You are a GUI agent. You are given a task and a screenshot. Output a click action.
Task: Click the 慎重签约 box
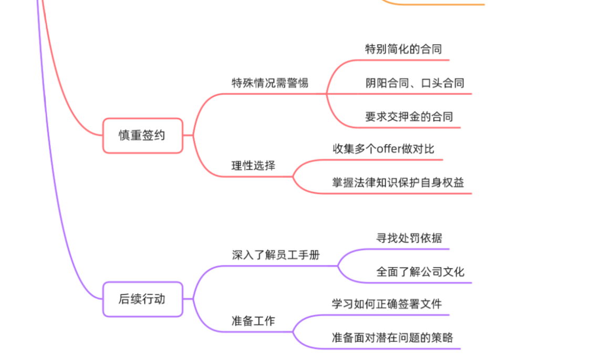[x=142, y=136]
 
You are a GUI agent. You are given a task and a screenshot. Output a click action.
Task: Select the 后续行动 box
[x=142, y=299]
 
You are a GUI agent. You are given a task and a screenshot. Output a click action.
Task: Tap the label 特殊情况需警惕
[x=270, y=83]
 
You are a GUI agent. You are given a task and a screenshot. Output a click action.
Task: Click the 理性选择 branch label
[x=253, y=166]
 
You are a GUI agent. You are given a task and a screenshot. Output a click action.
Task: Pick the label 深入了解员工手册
[x=276, y=255]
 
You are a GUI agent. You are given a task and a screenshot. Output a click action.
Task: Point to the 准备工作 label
[x=253, y=321]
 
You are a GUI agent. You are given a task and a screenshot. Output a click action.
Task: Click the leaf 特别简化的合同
[x=403, y=49]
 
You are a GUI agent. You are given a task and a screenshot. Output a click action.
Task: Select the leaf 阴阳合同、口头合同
[x=415, y=83]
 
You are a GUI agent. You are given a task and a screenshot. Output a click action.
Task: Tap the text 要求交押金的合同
[x=409, y=117]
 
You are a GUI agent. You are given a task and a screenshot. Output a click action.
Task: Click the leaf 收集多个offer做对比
[x=384, y=149]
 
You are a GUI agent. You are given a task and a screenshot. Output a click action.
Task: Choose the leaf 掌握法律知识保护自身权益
[x=398, y=182]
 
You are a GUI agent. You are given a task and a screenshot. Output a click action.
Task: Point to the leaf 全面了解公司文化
[x=420, y=272]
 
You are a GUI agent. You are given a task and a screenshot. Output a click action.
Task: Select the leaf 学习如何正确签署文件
[x=387, y=304]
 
